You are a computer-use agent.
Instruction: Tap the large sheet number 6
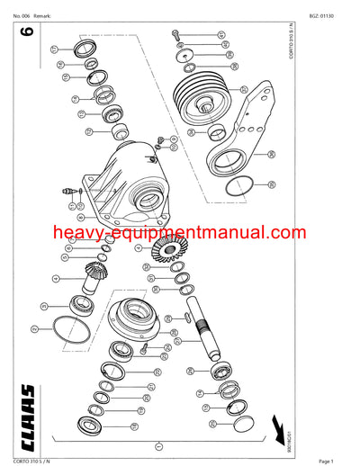[x=27, y=34]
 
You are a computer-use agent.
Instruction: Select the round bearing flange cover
[x=138, y=318]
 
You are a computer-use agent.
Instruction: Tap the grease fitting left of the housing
[x=67, y=191]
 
